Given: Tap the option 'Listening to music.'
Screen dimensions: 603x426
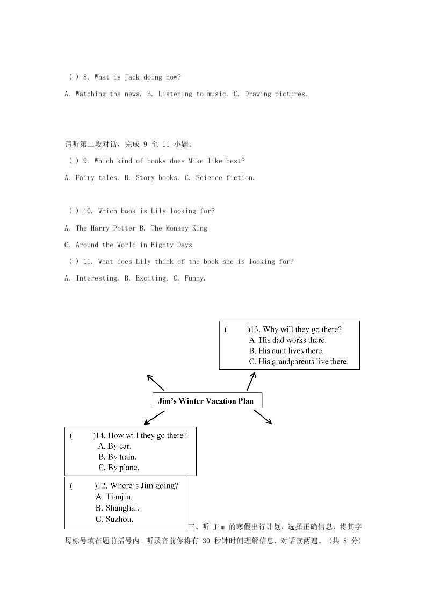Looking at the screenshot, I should [x=187, y=94].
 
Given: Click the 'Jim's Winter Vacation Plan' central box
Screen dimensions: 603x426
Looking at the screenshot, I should [x=207, y=401].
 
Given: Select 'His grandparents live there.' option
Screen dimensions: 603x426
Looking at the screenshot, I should [x=299, y=362].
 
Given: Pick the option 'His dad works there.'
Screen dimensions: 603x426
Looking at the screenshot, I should [x=287, y=340].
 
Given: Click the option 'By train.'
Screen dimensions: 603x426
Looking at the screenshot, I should [x=117, y=457].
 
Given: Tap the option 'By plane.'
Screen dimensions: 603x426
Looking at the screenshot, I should [x=119, y=468].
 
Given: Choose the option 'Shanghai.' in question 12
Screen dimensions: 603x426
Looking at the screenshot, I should [x=118, y=508].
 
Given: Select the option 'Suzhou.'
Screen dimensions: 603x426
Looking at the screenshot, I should [x=114, y=519].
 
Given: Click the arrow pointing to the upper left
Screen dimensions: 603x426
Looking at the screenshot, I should [x=155, y=382].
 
